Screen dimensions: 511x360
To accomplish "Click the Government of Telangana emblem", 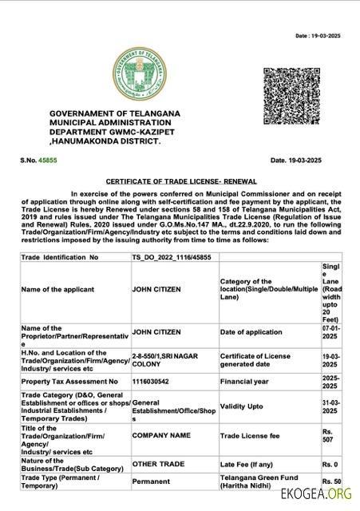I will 140,74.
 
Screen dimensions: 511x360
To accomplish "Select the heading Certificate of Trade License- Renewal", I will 180,181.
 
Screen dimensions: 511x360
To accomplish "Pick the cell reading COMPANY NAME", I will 160,437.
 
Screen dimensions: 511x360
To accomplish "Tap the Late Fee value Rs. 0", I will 330,464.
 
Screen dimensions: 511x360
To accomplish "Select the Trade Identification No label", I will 60,258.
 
